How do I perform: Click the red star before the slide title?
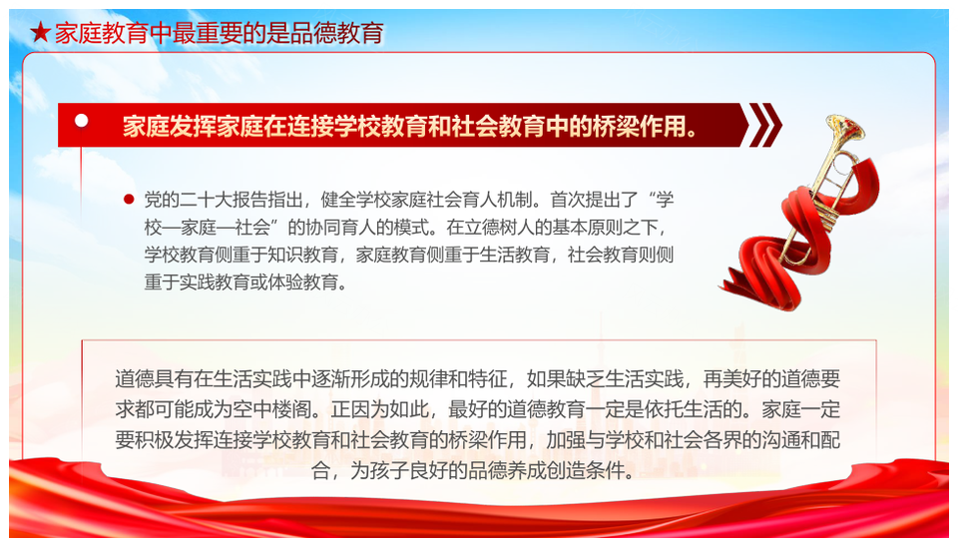(40, 32)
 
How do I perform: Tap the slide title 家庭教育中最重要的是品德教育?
(220, 33)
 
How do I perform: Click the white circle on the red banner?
(81, 121)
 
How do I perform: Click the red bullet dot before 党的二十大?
(129, 200)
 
